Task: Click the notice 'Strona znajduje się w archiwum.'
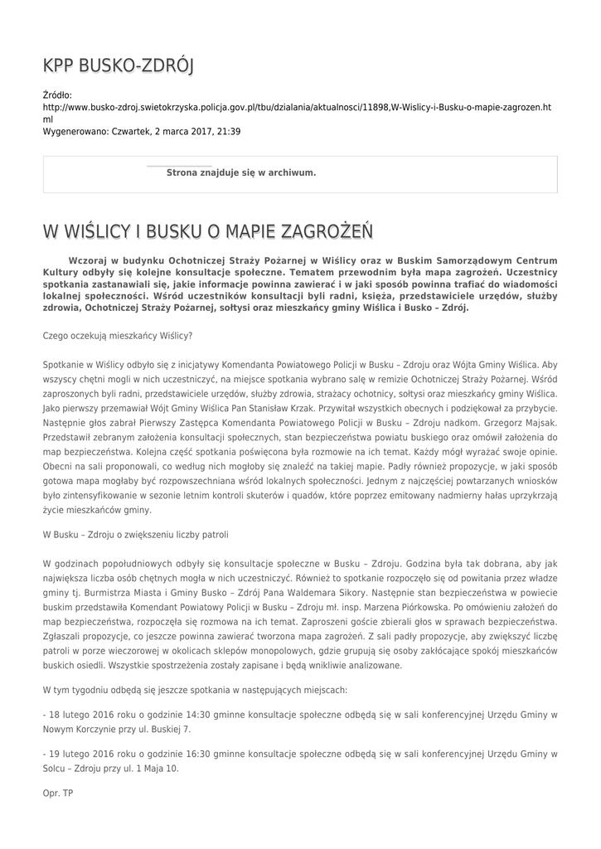click(x=241, y=172)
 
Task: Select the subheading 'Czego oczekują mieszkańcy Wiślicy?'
click(x=117, y=336)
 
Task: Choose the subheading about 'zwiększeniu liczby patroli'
click(x=134, y=534)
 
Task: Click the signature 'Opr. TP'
click(x=58, y=793)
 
